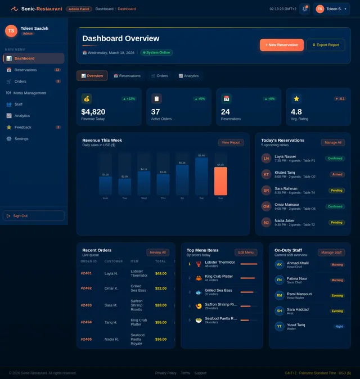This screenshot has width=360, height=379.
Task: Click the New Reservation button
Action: click(x=281, y=45)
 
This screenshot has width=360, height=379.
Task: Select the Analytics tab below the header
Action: click(x=188, y=75)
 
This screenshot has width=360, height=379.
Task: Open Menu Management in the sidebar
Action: click(x=29, y=93)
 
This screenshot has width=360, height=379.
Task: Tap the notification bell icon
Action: click(x=304, y=9)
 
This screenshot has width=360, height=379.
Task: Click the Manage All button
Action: click(x=332, y=143)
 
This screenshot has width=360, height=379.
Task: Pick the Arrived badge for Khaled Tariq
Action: click(x=337, y=174)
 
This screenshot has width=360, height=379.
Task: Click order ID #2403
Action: click(x=86, y=305)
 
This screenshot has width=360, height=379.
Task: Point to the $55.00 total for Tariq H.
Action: click(x=161, y=322)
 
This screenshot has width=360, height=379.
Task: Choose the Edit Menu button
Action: click(x=246, y=252)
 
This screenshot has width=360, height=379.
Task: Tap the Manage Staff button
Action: click(x=331, y=252)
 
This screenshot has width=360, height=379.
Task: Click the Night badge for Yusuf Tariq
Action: click(x=339, y=326)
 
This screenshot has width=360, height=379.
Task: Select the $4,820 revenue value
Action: click(x=93, y=112)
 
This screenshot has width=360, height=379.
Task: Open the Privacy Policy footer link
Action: click(x=165, y=373)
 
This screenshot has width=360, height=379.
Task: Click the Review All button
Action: click(x=157, y=252)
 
